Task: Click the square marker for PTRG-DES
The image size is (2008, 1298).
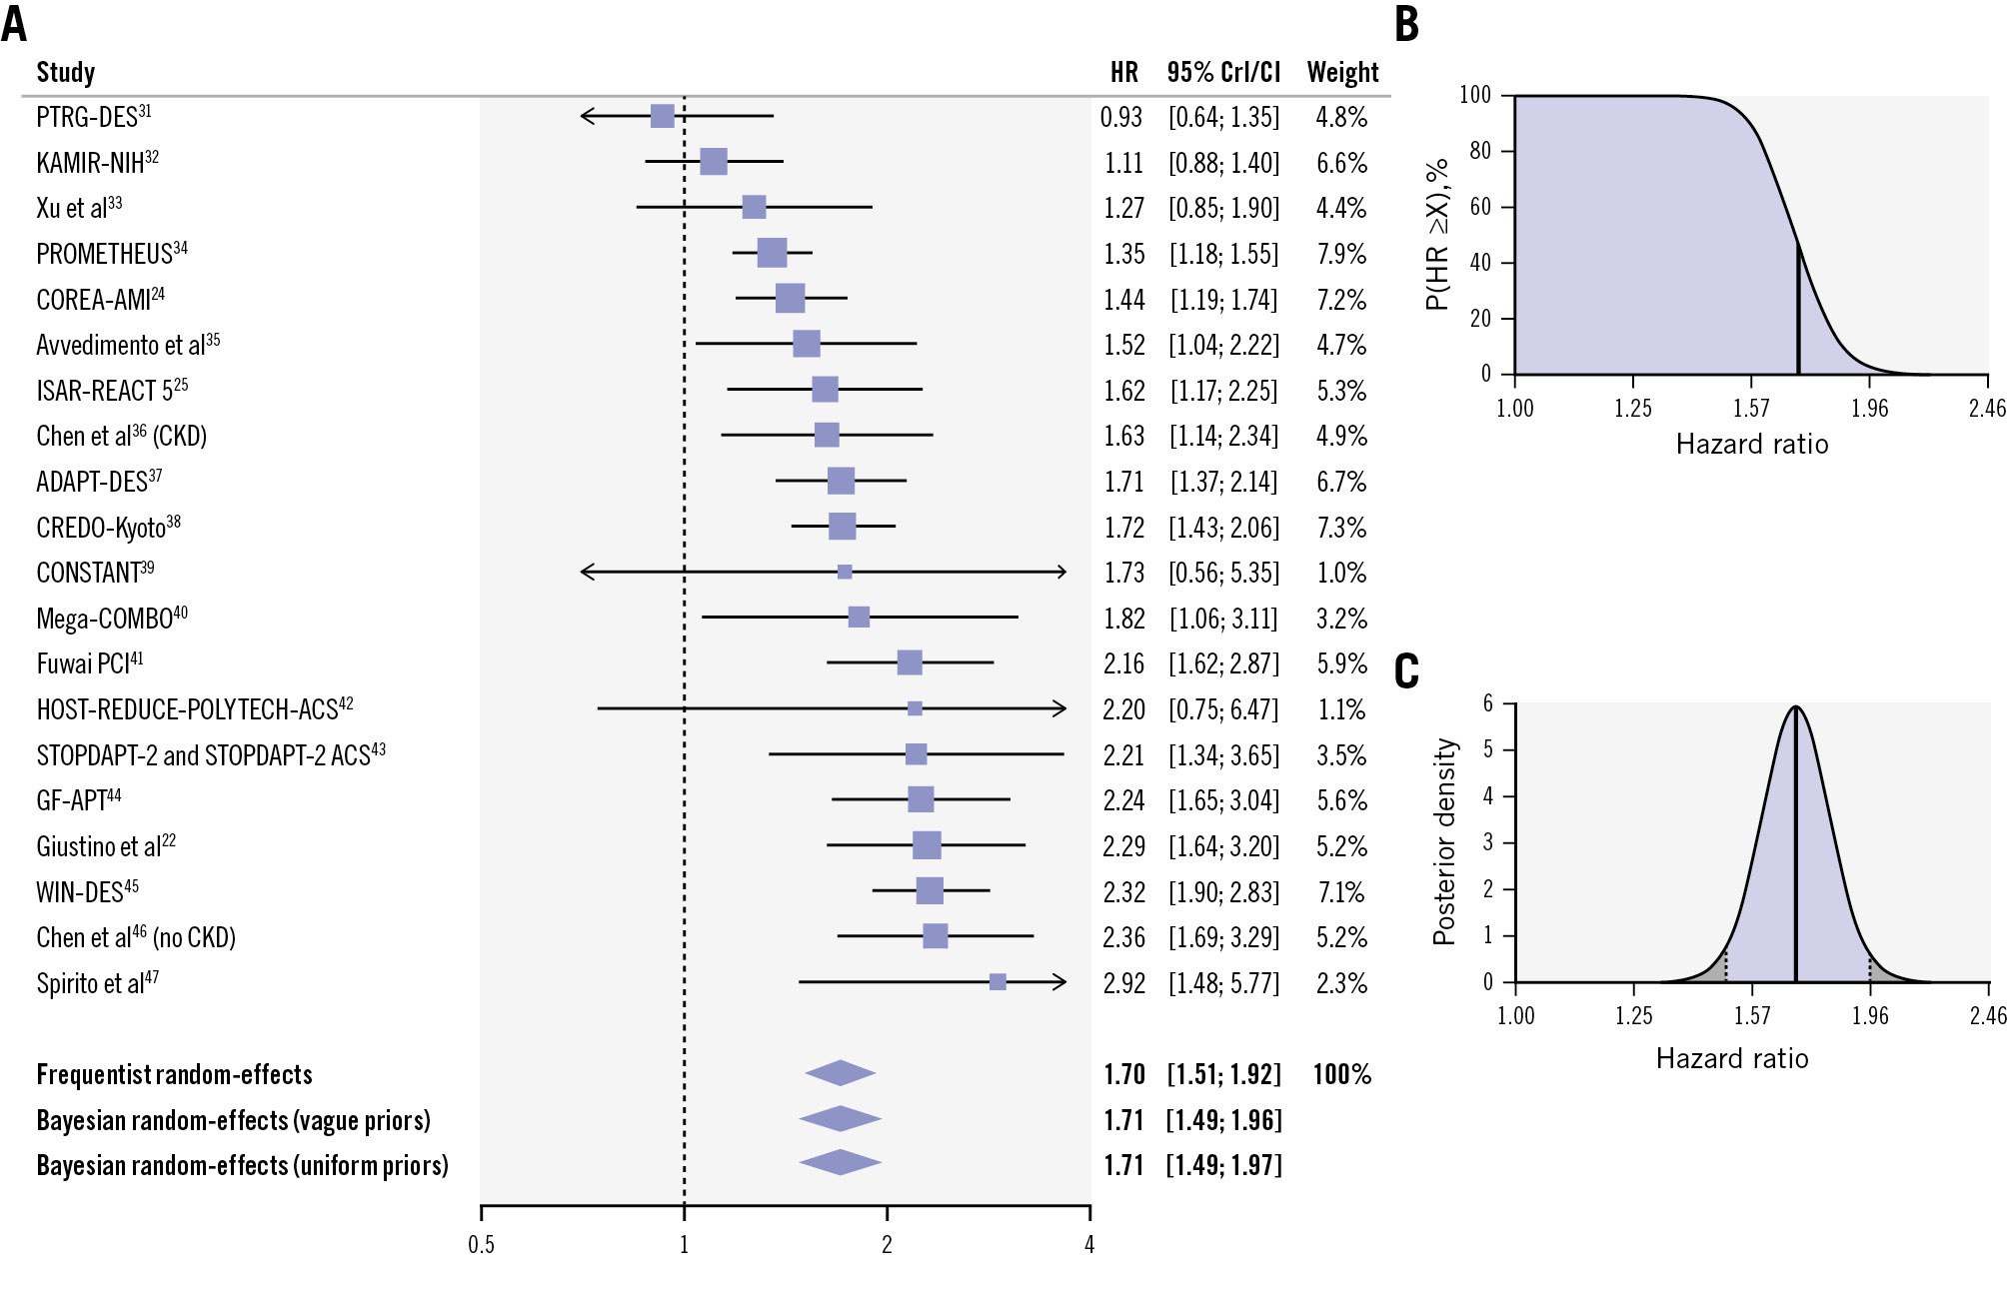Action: pos(662,116)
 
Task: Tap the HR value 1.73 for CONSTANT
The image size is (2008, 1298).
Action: pos(1123,573)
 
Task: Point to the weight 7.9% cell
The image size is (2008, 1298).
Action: pos(1341,254)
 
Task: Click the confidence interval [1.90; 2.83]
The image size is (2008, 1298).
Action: pos(1223,892)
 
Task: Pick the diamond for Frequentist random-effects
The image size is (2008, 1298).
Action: pos(840,1073)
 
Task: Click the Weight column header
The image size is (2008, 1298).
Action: pos(1342,72)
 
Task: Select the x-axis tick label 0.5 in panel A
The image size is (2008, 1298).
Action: pos(481,1244)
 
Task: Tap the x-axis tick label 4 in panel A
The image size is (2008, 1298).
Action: pos(1089,1244)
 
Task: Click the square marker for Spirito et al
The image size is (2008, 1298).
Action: pos(998,982)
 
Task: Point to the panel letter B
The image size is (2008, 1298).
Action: pos(1406,24)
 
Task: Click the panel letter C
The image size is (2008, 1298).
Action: pos(1406,671)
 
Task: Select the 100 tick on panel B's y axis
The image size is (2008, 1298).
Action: pos(1474,95)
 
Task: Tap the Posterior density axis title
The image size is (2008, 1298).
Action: pos(1443,841)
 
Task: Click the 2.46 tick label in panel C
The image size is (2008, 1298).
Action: pos(1988,1015)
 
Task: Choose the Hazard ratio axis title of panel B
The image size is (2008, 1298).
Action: pos(1752,445)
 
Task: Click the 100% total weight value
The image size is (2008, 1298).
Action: pos(1341,1074)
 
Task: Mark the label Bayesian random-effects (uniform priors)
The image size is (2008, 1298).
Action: pos(242,1165)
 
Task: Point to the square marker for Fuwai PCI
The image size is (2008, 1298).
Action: pos(909,662)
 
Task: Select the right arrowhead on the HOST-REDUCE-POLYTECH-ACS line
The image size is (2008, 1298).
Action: pos(1061,708)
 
